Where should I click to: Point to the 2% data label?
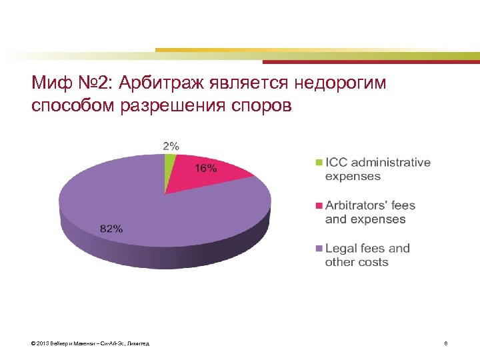(171, 146)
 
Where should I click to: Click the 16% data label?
(205, 168)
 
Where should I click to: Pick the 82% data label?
(111, 228)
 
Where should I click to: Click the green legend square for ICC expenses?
(319, 162)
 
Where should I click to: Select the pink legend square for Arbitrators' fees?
(319, 205)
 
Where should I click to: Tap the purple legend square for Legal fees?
(319, 248)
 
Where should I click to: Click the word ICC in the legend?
(337, 162)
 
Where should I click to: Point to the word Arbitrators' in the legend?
(357, 205)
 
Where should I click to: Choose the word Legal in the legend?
(340, 248)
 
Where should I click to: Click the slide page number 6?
(445, 343)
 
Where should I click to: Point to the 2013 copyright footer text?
(90, 343)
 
